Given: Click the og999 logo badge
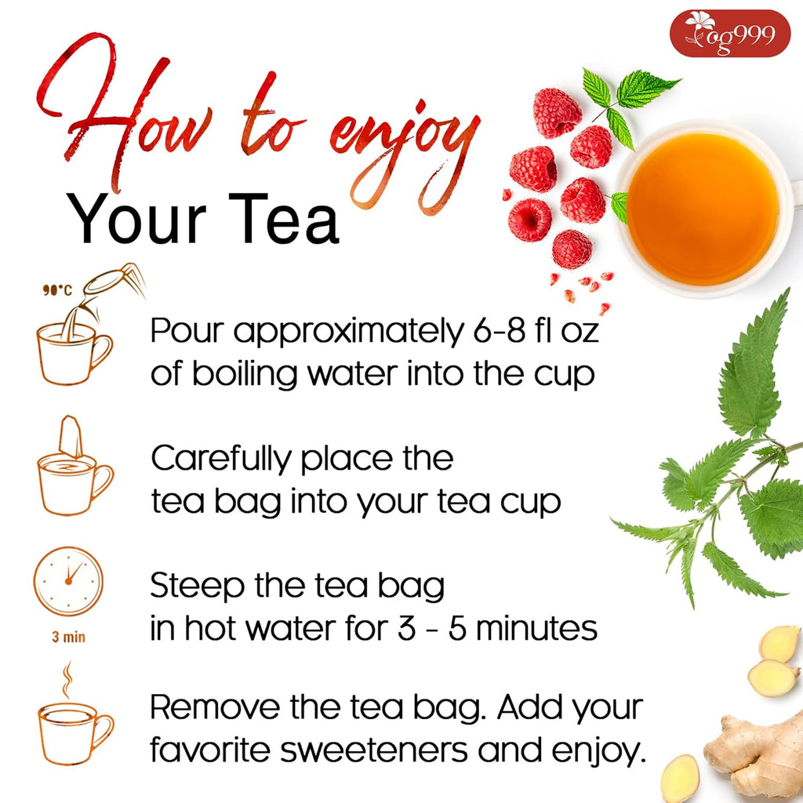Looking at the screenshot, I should [729, 33].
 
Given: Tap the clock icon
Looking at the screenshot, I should [68, 582].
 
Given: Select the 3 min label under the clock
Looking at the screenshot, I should [68, 637].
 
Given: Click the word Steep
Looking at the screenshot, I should [189, 587].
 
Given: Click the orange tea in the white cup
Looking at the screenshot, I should [703, 208].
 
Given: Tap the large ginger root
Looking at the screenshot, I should [753, 753].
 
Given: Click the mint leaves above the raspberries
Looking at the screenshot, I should [627, 98].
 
